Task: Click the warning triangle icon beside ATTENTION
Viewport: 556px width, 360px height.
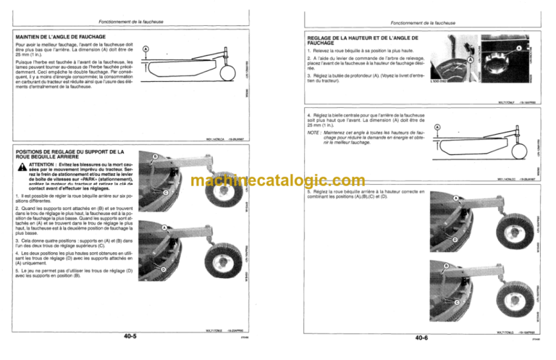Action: point(20,166)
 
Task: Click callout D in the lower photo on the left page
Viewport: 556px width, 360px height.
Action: point(163,269)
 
